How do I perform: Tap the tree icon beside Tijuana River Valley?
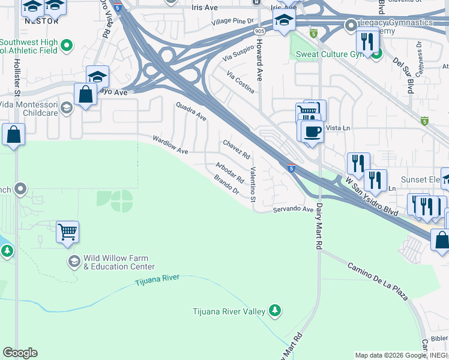click(275, 310)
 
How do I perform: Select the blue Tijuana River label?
click(158, 281)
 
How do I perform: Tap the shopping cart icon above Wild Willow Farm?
click(68, 231)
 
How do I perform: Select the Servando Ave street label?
click(294, 209)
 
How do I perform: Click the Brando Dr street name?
click(226, 184)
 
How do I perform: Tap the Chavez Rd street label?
click(236, 149)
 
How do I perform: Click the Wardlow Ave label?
click(170, 144)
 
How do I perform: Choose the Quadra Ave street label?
click(191, 111)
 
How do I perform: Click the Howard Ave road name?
click(259, 66)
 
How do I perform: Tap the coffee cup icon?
click(312, 131)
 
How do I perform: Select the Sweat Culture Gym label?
click(331, 54)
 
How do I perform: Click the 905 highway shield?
click(259, 30)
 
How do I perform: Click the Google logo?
click(20, 353)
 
